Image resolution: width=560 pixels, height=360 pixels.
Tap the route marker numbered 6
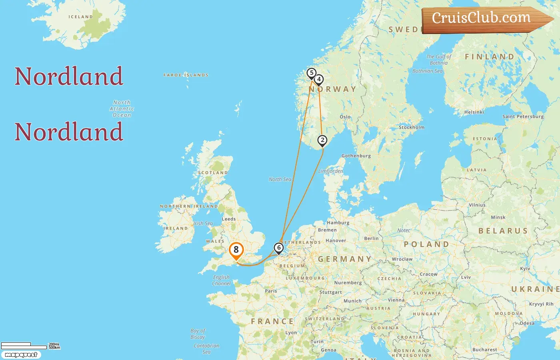tap(279, 248)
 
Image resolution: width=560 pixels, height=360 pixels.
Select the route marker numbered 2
tap(322, 140)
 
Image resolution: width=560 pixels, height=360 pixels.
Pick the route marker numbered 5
tap(311, 73)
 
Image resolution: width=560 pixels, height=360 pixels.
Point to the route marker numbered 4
tap(319, 79)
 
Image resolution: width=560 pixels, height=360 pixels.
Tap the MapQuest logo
tap(21, 355)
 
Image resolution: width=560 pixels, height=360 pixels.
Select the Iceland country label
tap(80, 17)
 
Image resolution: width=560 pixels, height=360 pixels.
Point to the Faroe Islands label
tap(186, 75)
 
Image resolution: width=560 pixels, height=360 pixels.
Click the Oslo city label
tap(345, 117)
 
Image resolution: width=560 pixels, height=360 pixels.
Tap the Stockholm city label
tap(411, 127)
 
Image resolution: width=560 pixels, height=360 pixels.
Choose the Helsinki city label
tap(474, 112)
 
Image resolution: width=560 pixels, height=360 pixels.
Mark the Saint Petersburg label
tap(523, 116)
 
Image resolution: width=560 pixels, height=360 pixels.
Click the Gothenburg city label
tap(356, 156)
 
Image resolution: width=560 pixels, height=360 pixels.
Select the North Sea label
tap(280, 179)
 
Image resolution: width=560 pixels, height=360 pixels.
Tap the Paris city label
tap(271, 291)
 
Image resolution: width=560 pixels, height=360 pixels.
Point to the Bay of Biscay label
tap(198, 334)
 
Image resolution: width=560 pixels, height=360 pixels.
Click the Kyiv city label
tap(525, 268)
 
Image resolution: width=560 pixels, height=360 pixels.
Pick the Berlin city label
tap(371, 238)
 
